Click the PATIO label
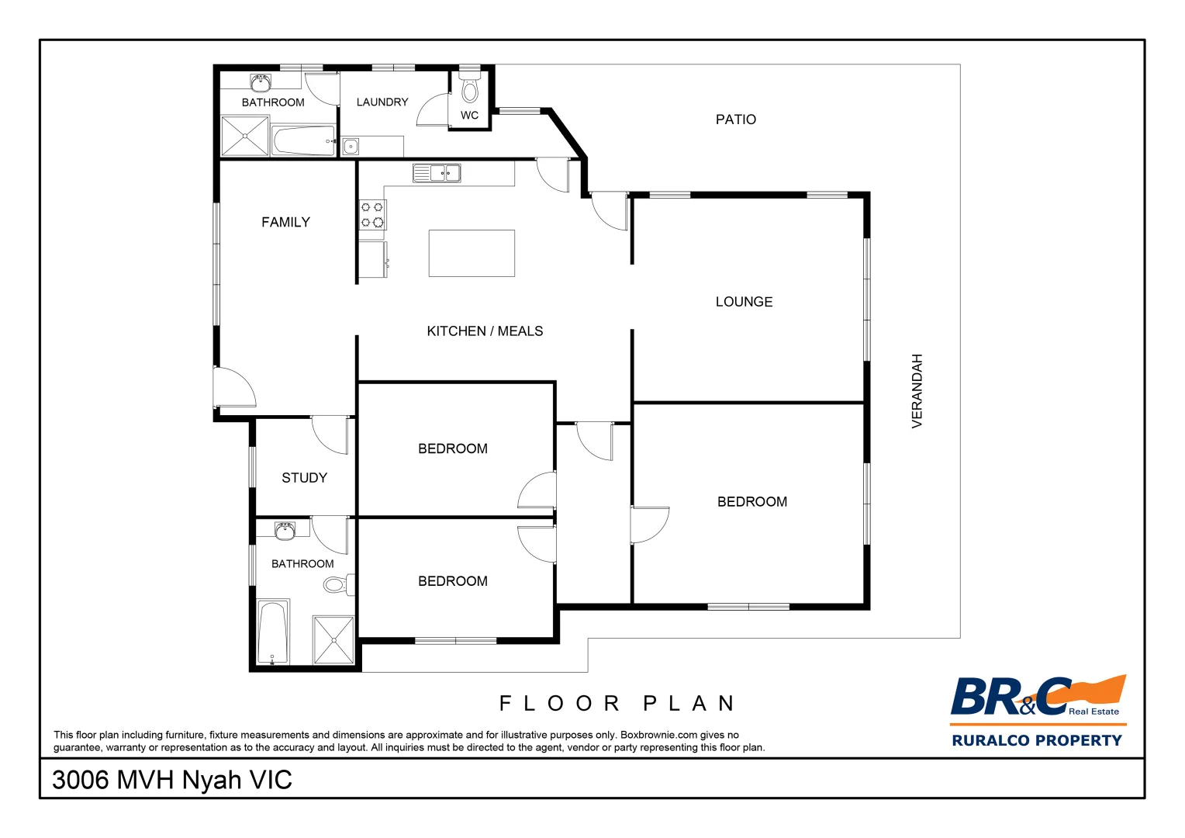coord(735,119)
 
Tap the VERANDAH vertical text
coord(917,391)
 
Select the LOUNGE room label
coord(744,302)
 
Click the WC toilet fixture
coord(470,88)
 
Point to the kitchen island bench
coord(472,253)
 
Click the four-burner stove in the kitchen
coord(372,215)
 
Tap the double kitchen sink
coord(437,173)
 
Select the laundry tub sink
coord(351,146)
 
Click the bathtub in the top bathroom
coord(303,141)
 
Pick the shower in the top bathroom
coord(245,136)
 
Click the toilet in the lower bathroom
coord(338,584)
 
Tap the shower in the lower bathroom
coord(333,640)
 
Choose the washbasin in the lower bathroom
coord(285,531)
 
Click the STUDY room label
coord(304,478)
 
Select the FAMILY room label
coord(285,223)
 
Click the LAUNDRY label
coord(382,102)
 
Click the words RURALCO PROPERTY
coord(1037,740)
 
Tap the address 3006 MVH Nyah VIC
coord(171,780)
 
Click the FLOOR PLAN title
coord(617,704)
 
